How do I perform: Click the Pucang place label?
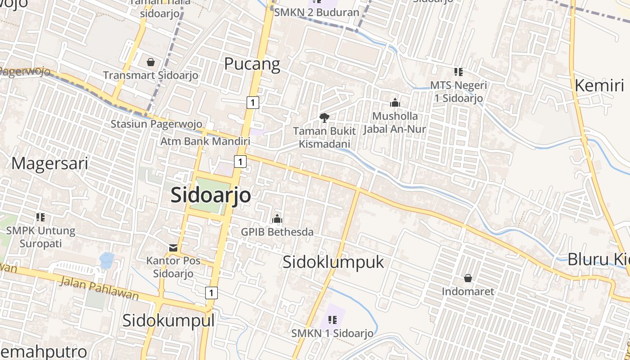pos(252,64)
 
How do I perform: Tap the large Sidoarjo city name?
pos(211,195)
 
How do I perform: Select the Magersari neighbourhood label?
pos(49,163)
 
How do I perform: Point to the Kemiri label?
pos(599,85)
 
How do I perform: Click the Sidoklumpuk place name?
pos(333,262)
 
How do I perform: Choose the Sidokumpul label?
pos(168,321)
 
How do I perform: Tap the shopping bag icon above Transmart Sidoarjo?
pos(150,62)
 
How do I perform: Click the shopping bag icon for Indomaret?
pos(468,278)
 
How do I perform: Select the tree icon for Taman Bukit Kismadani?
pos(324,118)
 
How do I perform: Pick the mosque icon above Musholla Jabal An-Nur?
pos(395,103)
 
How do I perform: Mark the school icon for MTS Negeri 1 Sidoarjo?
pos(459,72)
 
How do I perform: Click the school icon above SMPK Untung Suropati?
pos(40,217)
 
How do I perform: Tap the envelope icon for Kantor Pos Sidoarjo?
pos(173,247)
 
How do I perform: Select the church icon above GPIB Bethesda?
pos(277,219)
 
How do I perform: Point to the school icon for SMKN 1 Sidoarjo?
pos(333,320)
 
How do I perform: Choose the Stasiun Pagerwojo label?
pos(156,124)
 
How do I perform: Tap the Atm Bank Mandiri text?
pos(205,141)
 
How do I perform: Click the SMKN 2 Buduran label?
pos(316,12)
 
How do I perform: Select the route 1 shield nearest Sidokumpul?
pos(211,292)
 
